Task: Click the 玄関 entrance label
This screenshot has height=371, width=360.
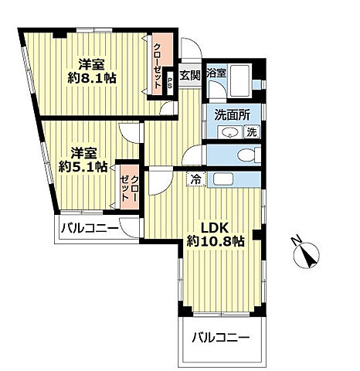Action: tap(189, 75)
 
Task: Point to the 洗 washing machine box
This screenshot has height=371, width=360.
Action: tap(251, 131)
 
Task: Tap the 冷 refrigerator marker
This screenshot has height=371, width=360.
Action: tap(196, 179)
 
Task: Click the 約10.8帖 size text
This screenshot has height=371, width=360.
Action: tap(216, 242)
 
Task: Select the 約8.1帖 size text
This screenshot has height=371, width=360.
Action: tap(90, 78)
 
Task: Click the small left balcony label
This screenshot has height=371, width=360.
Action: tap(91, 229)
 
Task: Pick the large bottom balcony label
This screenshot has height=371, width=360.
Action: tap(221, 338)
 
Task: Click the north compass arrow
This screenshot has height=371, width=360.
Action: tap(306, 250)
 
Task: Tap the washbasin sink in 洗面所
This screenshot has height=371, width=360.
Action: tap(229, 132)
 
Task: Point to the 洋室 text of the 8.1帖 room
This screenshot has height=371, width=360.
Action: tap(90, 63)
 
